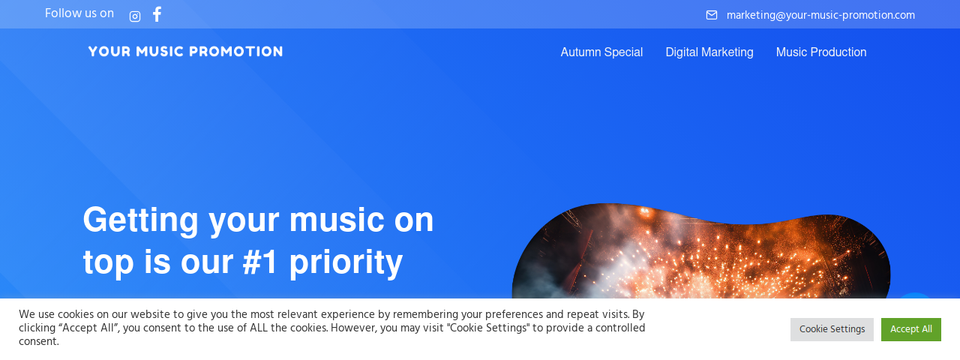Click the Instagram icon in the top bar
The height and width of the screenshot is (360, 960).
135,16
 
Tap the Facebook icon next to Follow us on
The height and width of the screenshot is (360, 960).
157,14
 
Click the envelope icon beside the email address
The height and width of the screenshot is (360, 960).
712,15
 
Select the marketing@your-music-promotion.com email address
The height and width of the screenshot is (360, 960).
820,15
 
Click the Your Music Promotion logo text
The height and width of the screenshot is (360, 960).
185,52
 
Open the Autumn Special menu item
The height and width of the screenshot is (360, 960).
601,52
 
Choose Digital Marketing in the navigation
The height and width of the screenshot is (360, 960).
709,52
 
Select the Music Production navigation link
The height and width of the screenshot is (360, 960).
821,52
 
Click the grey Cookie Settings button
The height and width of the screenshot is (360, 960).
832,329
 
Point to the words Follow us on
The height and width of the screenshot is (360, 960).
79,13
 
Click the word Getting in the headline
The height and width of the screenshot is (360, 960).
140,220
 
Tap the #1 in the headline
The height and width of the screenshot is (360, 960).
260,262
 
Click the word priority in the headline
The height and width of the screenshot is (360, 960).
346,263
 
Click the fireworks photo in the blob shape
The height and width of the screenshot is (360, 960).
701,257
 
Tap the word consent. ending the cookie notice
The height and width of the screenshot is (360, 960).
38,341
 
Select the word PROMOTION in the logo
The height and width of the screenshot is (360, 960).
236,52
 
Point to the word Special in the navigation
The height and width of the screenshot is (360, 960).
623,52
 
